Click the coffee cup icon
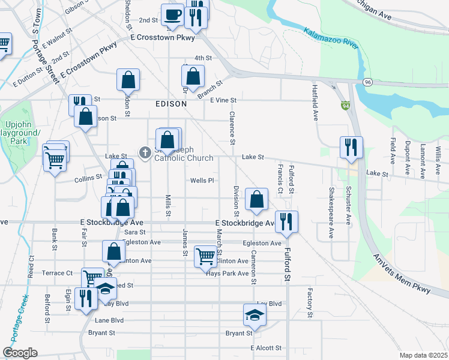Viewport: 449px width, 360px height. pos(172,15)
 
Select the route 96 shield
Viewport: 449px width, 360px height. pos(367,82)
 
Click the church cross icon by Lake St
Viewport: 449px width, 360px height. pos(145,153)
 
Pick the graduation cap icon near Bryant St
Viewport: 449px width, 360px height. pos(254,315)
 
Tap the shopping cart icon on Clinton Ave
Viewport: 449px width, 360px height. pos(206,256)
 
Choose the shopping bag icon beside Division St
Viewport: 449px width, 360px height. pos(256,200)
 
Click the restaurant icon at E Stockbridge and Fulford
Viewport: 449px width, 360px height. pos(287,221)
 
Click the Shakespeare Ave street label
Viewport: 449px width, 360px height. pos(331,213)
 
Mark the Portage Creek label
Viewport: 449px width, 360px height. pos(13,321)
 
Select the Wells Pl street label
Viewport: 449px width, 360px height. pos(202,181)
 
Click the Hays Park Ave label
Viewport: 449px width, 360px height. pos(228,274)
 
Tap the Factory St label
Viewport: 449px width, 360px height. pos(310,303)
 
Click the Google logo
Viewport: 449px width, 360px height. pos(20,353)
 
